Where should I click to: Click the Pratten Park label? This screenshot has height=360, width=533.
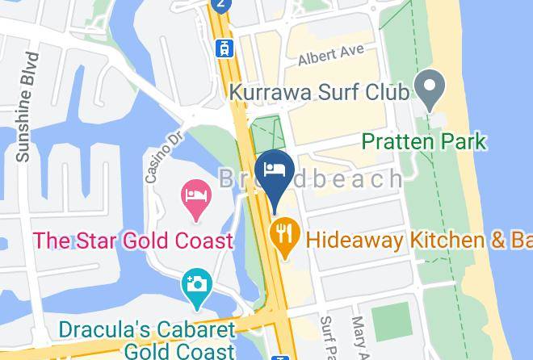click(424, 142)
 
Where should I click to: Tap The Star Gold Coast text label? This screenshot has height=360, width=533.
click(133, 241)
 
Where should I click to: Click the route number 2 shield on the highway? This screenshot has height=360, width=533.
click(220, 5)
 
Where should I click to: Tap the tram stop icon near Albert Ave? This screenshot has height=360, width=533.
click(220, 48)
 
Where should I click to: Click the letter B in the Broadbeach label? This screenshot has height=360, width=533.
click(229, 178)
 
